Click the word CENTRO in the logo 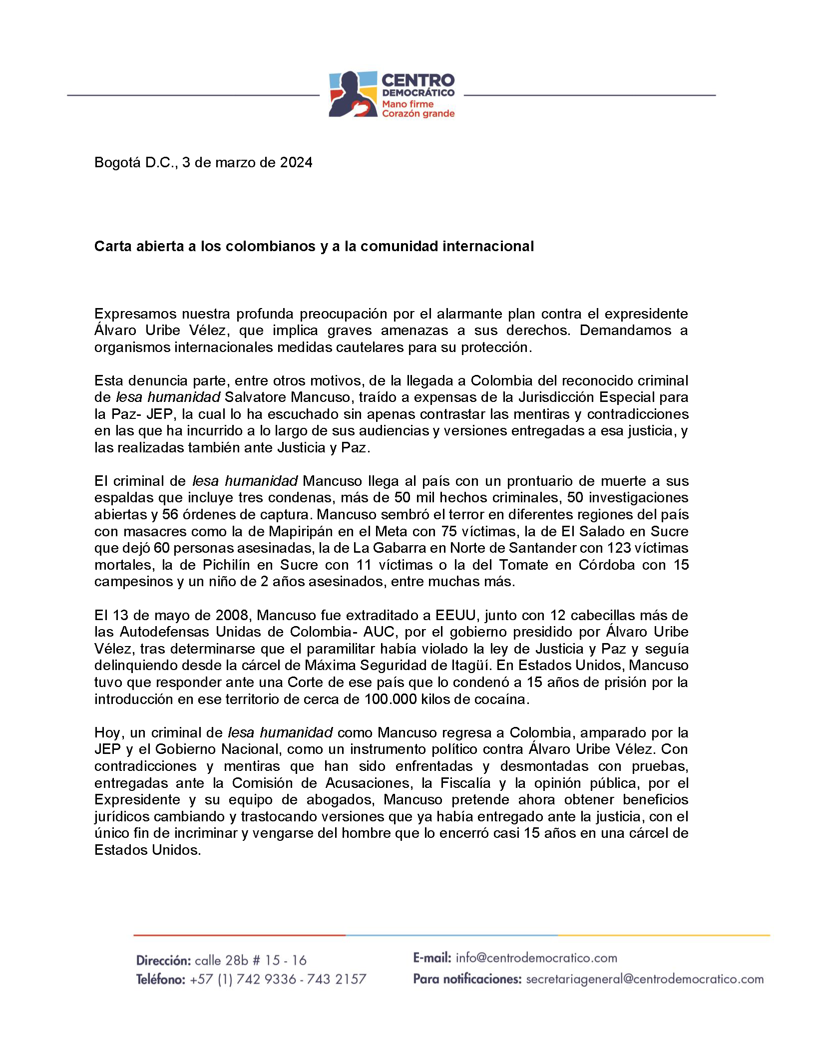point(417,80)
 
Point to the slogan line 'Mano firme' point(407,104)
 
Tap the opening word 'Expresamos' point(135,314)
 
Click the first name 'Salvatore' point(255,397)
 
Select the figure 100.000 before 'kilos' point(390,699)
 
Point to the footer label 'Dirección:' point(163,960)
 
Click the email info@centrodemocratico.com point(536,958)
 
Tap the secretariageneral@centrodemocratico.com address point(644,979)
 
